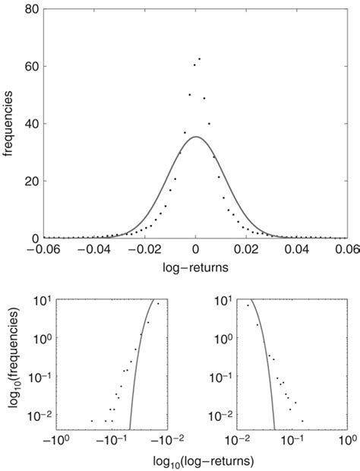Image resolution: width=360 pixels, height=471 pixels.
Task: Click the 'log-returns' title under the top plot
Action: (x=196, y=268)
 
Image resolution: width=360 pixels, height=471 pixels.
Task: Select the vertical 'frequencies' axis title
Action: (x=9, y=124)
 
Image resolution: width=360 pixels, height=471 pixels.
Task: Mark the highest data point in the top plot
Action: (x=199, y=58)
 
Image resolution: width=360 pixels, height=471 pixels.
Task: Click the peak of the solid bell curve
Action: (x=196, y=137)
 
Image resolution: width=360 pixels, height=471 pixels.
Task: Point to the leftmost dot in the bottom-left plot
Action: (x=92, y=421)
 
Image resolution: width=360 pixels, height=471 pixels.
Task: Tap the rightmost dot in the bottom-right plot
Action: (x=302, y=421)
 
